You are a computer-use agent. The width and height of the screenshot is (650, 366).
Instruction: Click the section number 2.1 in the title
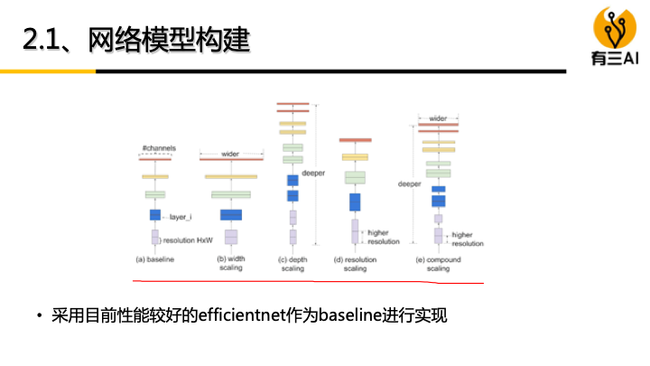(x=44, y=41)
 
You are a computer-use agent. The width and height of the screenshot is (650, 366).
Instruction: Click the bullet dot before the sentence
(x=39, y=316)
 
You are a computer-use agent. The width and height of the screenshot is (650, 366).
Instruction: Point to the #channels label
(x=158, y=147)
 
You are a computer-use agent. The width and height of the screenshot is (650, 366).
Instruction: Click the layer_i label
(x=181, y=217)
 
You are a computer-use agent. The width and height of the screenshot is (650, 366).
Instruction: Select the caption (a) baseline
(x=154, y=259)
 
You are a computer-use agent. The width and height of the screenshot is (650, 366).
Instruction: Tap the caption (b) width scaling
(x=231, y=263)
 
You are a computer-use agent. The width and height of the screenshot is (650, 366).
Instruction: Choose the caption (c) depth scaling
(x=292, y=263)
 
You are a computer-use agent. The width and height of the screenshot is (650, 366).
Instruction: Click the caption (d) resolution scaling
(x=355, y=263)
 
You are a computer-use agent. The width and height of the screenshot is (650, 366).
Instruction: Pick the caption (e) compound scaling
(x=438, y=263)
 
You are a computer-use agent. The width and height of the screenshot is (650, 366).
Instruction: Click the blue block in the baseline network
(x=155, y=215)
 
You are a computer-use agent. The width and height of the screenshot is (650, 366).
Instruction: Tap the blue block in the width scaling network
(x=231, y=215)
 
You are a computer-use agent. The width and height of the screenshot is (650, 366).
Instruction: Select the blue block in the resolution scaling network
(x=355, y=202)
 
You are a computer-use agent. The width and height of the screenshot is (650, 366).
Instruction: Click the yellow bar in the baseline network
(x=155, y=176)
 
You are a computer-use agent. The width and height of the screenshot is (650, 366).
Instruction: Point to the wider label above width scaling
(x=230, y=154)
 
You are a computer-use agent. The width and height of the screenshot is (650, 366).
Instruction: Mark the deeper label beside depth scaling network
(x=312, y=173)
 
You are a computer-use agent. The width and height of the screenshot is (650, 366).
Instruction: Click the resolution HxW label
(x=187, y=239)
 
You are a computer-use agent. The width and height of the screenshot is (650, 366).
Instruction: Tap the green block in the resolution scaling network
(x=355, y=177)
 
